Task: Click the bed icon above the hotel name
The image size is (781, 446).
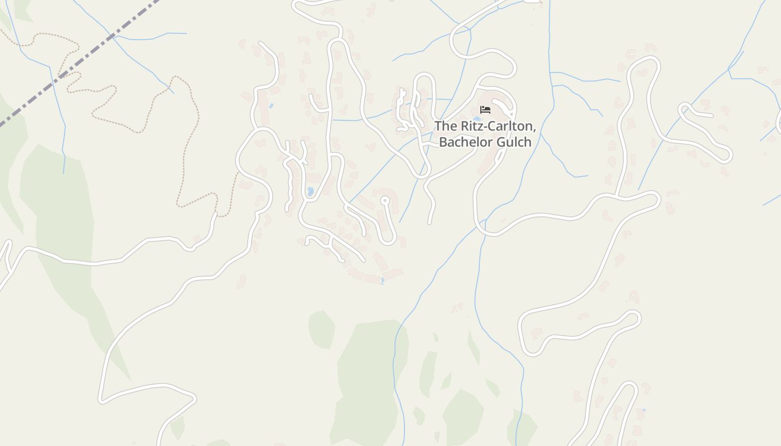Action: click(485, 110)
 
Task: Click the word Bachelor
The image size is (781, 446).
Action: click(463, 142)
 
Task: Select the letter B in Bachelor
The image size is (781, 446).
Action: click(443, 142)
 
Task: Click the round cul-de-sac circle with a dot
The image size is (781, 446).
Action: click(384, 200)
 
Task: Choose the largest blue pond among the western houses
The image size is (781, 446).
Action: click(310, 191)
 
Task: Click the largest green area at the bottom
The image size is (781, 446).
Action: click(368, 379)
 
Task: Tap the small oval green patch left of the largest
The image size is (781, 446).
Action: click(322, 329)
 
